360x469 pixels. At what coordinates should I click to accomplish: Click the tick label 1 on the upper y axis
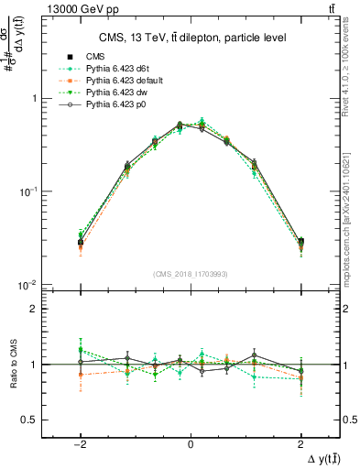[x=34, y=98]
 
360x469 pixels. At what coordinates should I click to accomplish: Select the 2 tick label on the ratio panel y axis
[x=34, y=309]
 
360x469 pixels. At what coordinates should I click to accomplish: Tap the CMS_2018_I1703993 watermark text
[x=190, y=273]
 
